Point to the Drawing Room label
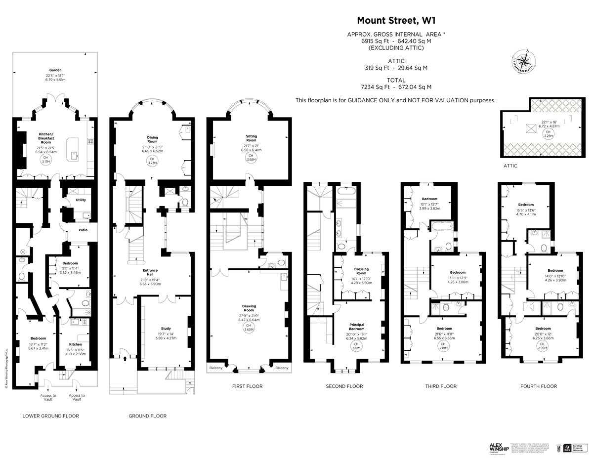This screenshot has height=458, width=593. coord(250,308)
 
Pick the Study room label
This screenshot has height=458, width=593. coord(166,328)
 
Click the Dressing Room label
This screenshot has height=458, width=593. coord(361,271)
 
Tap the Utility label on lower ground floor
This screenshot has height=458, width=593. coord(81,200)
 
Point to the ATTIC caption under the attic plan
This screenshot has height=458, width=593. coord(510,166)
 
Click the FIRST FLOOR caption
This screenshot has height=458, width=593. coord(247,386)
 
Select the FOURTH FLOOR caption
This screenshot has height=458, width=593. coord(539,386)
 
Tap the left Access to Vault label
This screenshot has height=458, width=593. coord(48,397)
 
